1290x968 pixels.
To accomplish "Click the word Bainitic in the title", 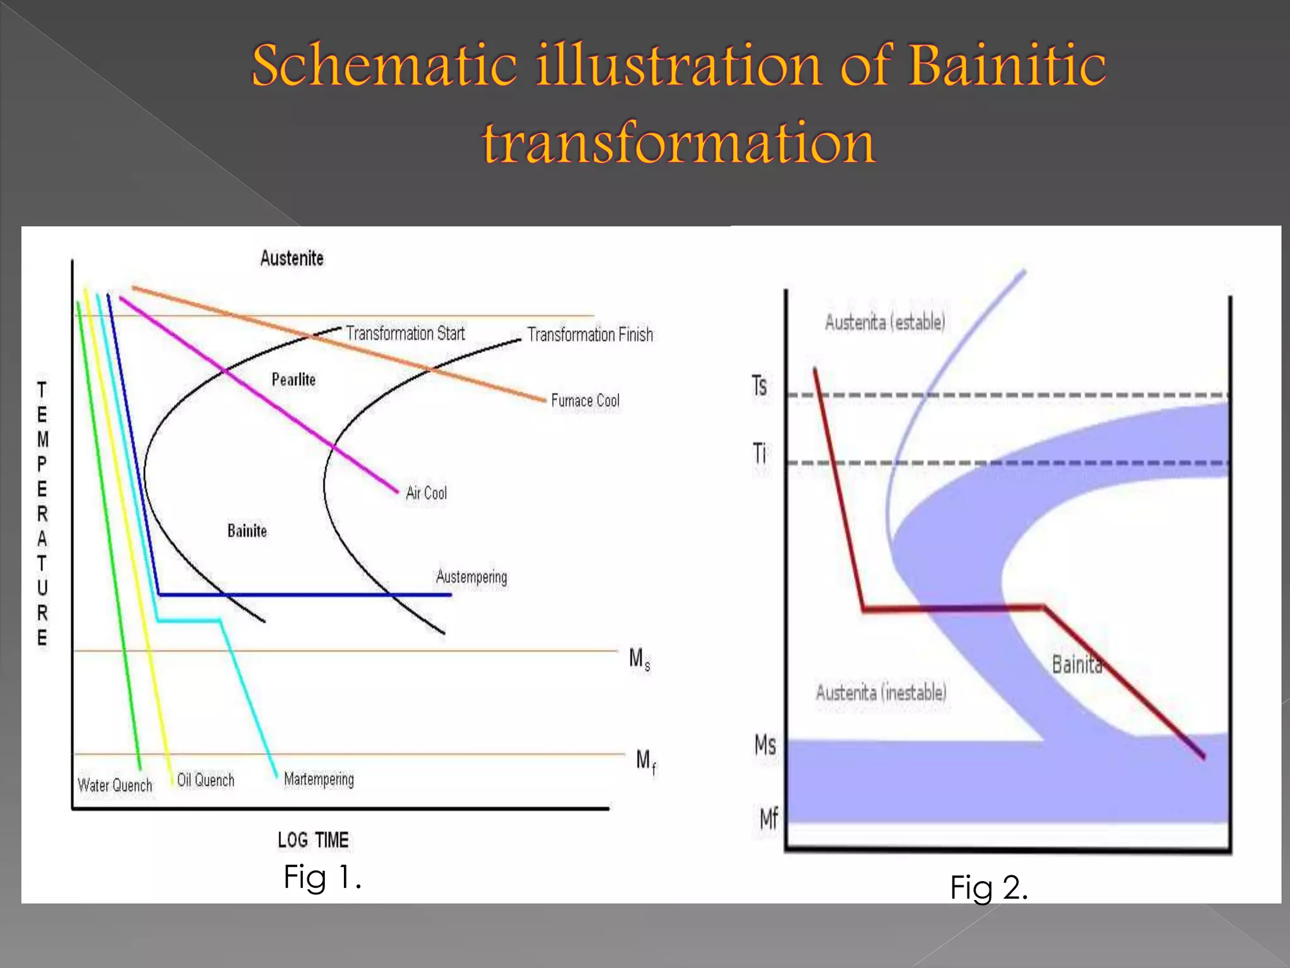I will [x=1007, y=65].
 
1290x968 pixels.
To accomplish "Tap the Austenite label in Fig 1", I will [x=292, y=258].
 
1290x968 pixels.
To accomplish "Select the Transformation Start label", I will [x=405, y=333].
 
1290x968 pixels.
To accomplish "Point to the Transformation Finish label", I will [x=590, y=335].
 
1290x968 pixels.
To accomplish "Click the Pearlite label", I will [x=294, y=379].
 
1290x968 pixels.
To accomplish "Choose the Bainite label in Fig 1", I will [x=247, y=531].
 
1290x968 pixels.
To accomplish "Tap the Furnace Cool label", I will [x=585, y=401].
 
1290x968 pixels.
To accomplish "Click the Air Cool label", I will [x=426, y=493].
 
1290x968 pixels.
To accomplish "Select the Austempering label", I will [x=471, y=577].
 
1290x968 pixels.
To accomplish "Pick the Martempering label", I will [x=319, y=780].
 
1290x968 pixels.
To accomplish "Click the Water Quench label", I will [x=115, y=785].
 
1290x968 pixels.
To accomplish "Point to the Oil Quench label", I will [x=205, y=780].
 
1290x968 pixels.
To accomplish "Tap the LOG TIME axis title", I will [x=313, y=840].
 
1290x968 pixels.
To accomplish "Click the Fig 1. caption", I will [x=322, y=877].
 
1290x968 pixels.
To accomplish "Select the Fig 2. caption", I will [x=988, y=887].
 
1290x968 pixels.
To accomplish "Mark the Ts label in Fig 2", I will [x=760, y=386].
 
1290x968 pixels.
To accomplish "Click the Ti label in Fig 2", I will [x=760, y=453].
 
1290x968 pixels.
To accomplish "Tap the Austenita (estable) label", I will [x=884, y=323].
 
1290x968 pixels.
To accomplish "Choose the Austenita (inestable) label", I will [x=881, y=693].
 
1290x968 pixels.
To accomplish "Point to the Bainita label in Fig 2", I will [x=1076, y=664].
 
